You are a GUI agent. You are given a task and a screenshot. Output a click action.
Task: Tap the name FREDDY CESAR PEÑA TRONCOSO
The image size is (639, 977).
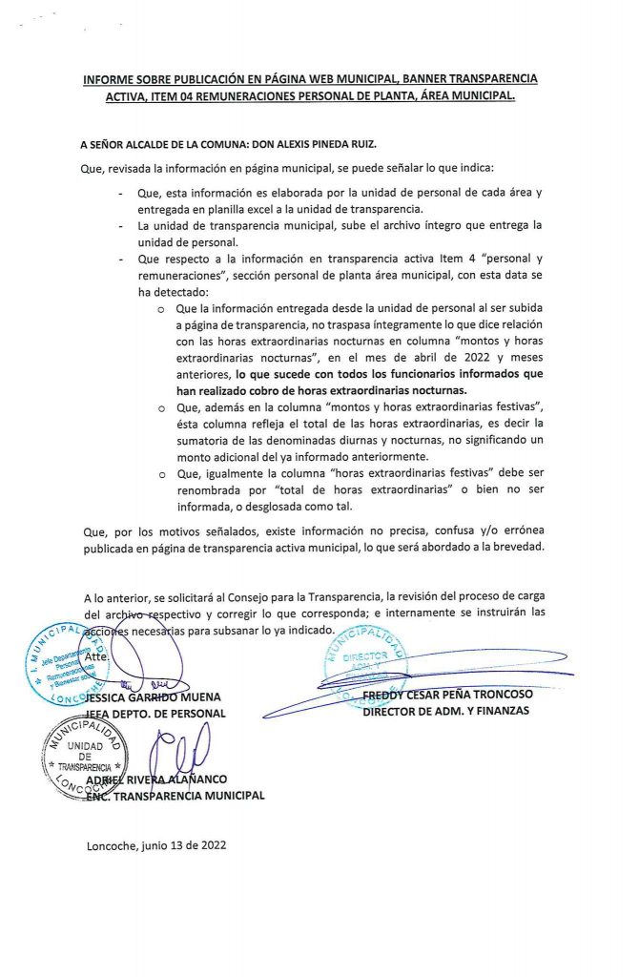(x=462, y=696)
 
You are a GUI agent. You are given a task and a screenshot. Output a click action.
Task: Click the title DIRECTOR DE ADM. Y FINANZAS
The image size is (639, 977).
(x=445, y=712)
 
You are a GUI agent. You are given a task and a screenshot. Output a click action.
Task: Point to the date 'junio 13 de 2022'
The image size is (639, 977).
(x=183, y=844)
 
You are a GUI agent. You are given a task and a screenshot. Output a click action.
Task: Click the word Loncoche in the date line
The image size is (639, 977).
(x=111, y=844)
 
